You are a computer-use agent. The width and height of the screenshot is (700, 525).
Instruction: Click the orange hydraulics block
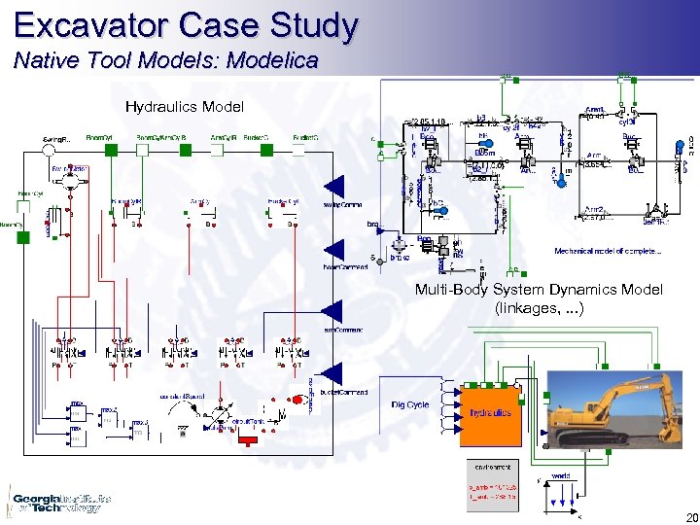click(490, 411)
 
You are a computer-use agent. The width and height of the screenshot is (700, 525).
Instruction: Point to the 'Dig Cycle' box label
click(410, 404)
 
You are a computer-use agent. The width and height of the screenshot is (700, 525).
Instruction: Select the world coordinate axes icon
click(561, 494)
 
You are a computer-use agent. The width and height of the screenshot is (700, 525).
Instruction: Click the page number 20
click(688, 517)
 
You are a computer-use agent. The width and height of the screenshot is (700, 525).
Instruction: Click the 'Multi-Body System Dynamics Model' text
click(539, 290)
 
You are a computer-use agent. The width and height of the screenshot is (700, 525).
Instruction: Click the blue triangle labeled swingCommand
click(333, 188)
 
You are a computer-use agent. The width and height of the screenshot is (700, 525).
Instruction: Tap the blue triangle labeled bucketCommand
click(333, 373)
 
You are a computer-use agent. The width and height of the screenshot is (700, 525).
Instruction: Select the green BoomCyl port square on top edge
click(112, 150)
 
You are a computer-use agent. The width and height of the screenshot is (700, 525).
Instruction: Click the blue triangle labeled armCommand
click(333, 311)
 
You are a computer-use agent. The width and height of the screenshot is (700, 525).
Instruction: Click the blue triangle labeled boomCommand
click(333, 250)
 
